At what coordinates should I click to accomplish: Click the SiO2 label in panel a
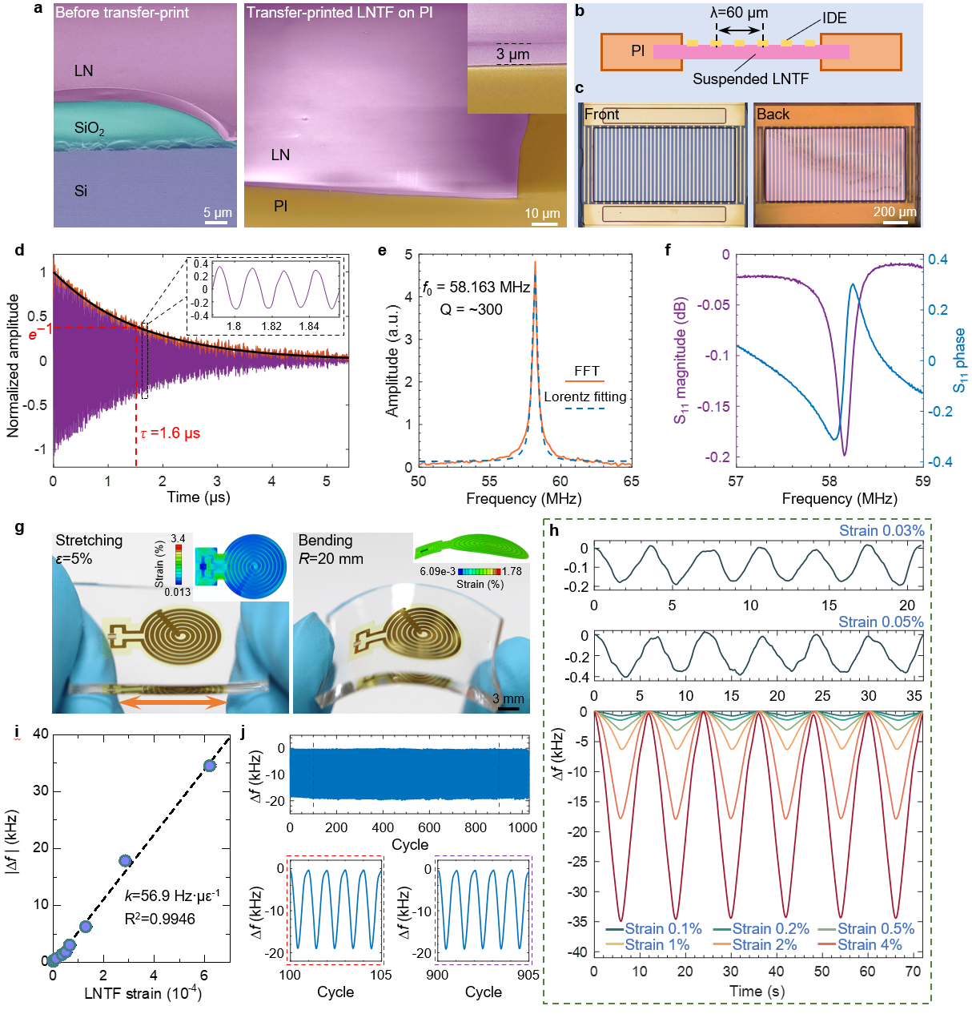89,128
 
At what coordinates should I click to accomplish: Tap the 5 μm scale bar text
217,212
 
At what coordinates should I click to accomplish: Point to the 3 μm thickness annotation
512,54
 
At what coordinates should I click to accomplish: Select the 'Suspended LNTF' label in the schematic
750,78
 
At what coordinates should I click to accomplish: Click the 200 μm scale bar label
894,211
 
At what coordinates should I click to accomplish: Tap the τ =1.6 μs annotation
170,433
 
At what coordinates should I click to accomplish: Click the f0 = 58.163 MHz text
476,287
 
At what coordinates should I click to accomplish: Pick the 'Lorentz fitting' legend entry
585,396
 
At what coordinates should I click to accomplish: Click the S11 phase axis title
958,360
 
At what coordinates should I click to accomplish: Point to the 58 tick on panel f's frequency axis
829,481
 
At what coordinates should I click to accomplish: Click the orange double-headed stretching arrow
172,702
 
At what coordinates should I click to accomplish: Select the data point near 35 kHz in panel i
210,766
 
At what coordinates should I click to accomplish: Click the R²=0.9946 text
159,919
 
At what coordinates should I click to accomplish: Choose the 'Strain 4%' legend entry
870,945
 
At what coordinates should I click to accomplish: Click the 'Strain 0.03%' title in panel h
881,531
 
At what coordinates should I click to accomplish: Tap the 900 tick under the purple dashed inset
437,975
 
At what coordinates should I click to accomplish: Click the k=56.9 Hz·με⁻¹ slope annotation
171,896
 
